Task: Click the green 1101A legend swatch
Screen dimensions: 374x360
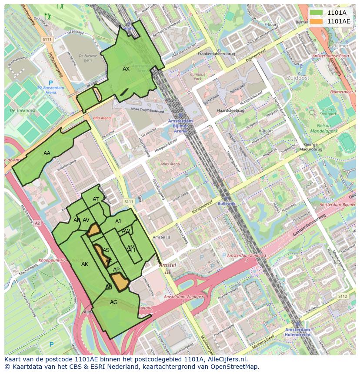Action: pyautogui.click(x=316, y=13)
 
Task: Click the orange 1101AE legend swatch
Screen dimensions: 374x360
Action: pyautogui.click(x=316, y=21)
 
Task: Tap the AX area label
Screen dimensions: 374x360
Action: pyautogui.click(x=126, y=69)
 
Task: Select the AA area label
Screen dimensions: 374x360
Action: pyautogui.click(x=47, y=153)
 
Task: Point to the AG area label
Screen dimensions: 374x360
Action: pyautogui.click(x=113, y=302)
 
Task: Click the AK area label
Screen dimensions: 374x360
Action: pyautogui.click(x=85, y=264)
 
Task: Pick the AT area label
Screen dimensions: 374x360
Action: pyautogui.click(x=96, y=199)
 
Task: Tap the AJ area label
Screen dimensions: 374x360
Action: pyautogui.click(x=118, y=222)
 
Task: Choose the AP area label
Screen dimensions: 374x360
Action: pyautogui.click(x=116, y=270)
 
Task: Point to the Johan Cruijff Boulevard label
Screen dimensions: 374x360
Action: pyautogui.click(x=147, y=111)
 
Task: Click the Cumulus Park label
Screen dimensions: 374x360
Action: pyautogui.click(x=197, y=77)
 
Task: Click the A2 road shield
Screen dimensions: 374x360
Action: pyautogui.click(x=37, y=223)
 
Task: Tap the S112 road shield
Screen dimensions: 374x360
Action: pyautogui.click(x=343, y=296)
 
